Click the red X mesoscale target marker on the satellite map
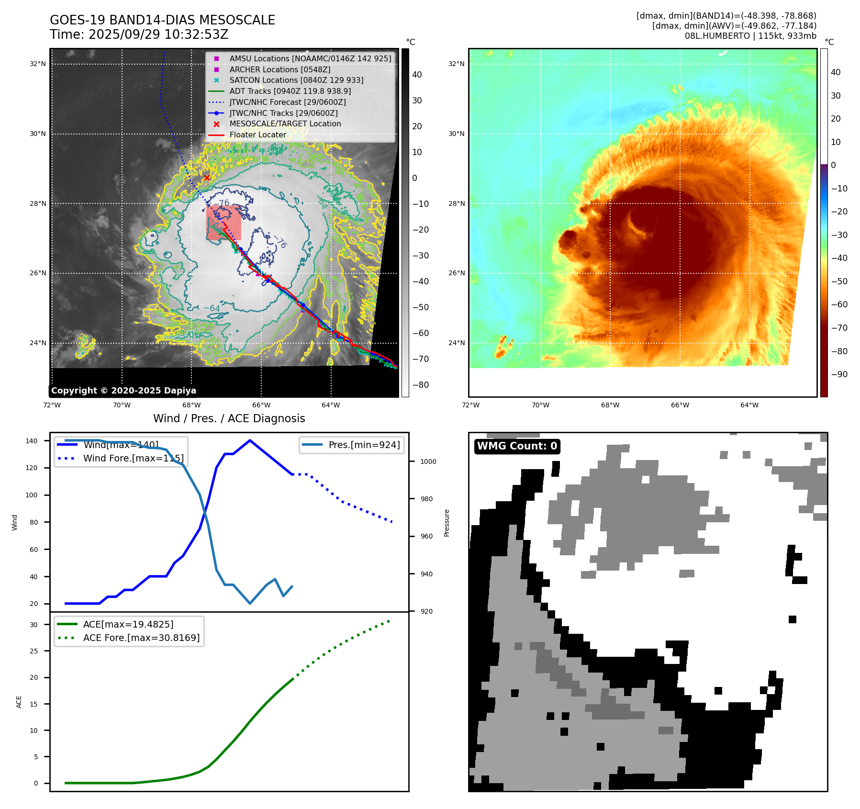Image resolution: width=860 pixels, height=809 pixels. pyautogui.click(x=207, y=178)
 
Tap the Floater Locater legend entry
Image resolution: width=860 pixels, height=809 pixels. pyautogui.click(x=257, y=135)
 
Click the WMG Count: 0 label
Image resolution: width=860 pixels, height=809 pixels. pyautogui.click(x=517, y=446)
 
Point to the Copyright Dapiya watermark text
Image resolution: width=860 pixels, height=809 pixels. pyautogui.click(x=123, y=391)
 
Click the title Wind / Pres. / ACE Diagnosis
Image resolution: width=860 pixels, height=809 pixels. pyautogui.click(x=229, y=418)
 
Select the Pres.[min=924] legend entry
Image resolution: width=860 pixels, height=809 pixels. pyautogui.click(x=364, y=445)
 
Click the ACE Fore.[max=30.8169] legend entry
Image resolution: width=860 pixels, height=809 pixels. pyautogui.click(x=141, y=638)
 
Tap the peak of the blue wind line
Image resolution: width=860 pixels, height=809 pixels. pyautogui.click(x=250, y=440)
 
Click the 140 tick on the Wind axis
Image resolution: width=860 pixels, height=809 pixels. pyautogui.click(x=32, y=441)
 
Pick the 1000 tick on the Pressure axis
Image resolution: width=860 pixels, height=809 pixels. pyautogui.click(x=428, y=461)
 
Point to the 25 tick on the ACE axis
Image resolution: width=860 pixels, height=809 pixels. pyautogui.click(x=34, y=651)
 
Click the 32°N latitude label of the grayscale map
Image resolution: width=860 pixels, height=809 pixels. pyautogui.click(x=38, y=64)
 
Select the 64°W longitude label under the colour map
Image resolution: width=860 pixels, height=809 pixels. pyautogui.click(x=749, y=405)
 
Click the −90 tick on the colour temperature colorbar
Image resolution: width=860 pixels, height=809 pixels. pyautogui.click(x=839, y=374)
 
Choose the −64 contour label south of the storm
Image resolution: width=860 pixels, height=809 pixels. pyautogui.click(x=212, y=308)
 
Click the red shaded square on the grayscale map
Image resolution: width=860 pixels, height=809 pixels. pyautogui.click(x=224, y=223)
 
